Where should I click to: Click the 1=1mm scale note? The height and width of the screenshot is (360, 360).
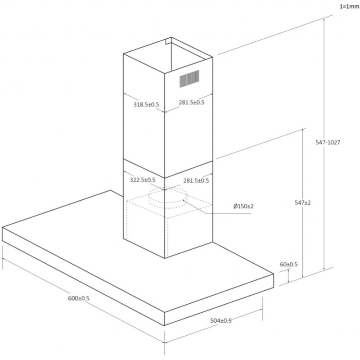[x=350, y=7]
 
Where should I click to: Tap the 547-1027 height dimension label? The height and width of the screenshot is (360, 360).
[x=328, y=142]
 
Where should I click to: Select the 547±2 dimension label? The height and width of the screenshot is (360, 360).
[x=302, y=202]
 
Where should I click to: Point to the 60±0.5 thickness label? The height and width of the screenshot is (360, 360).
[x=288, y=264]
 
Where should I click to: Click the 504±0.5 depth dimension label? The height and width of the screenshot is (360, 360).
[x=221, y=320]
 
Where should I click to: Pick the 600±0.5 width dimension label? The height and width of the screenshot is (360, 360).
[x=79, y=298]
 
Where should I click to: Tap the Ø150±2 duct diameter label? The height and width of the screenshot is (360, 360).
[x=243, y=206]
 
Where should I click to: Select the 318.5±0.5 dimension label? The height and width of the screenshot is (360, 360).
[x=146, y=104]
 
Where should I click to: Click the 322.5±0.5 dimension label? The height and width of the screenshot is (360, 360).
[x=143, y=180]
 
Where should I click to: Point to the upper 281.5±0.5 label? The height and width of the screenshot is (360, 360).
[x=192, y=103]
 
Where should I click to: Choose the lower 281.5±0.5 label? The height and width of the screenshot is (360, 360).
[x=196, y=180]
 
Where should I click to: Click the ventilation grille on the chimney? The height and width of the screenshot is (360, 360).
[x=189, y=79]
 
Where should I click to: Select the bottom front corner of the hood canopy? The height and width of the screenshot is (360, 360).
[x=165, y=325]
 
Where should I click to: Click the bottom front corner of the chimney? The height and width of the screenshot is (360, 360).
[x=165, y=258]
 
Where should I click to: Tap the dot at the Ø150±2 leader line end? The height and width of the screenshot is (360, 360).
[x=184, y=200]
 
